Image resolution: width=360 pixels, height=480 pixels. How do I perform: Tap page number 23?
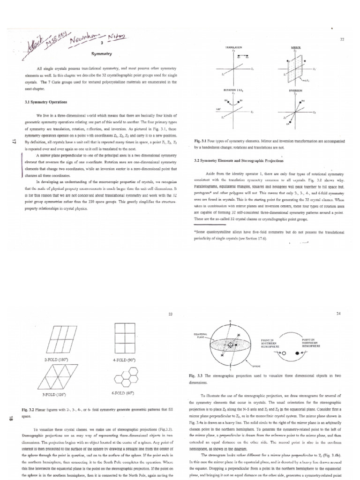(171, 314)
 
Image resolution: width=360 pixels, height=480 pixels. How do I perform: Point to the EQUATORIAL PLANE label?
(201, 336)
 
